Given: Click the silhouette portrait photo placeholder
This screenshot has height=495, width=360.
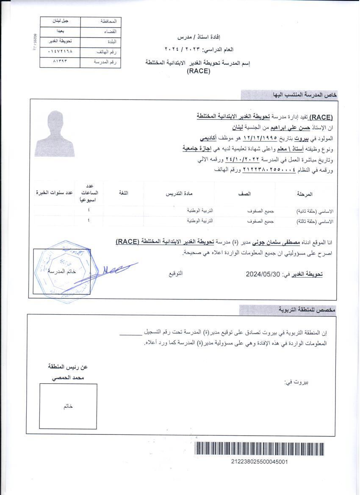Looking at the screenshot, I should [x=55, y=133].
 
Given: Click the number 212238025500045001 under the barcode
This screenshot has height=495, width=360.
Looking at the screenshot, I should [x=260, y=462].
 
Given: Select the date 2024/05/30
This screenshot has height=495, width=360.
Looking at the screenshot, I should [x=263, y=274].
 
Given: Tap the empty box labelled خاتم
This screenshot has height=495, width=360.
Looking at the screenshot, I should [x=68, y=406].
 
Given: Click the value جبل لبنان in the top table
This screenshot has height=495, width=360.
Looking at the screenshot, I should [x=60, y=21].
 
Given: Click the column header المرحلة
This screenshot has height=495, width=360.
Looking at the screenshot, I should [x=305, y=194].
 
